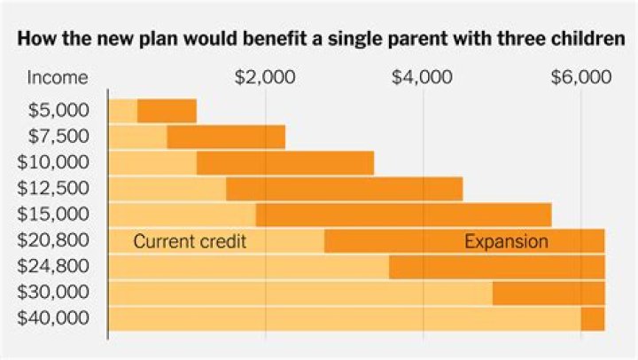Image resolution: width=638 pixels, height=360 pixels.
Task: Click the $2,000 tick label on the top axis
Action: tap(265, 77)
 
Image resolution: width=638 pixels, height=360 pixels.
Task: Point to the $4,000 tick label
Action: tap(423, 77)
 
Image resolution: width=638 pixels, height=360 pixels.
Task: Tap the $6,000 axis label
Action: tap(580, 77)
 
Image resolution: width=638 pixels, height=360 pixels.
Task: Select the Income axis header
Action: tap(58, 77)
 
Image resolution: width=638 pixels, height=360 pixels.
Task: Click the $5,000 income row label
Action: tap(58, 111)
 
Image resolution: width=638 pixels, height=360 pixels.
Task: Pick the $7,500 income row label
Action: tap(58, 137)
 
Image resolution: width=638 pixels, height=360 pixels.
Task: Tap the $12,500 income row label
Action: tap(54, 188)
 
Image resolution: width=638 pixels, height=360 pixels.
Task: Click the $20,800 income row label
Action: tap(54, 240)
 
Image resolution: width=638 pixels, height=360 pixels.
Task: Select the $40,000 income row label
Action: tap(54, 318)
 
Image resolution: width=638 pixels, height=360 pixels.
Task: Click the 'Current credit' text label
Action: tap(189, 241)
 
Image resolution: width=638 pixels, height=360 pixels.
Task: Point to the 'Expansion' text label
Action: tap(506, 241)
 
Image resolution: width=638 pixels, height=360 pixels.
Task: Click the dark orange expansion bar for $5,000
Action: tap(167, 111)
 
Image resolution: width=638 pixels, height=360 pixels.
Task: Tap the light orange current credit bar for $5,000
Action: tap(122, 111)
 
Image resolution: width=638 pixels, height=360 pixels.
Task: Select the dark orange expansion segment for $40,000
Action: tap(593, 318)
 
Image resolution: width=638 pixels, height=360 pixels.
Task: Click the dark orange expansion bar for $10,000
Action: tap(284, 163)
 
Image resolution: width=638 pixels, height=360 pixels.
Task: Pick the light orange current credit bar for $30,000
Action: tap(300, 293)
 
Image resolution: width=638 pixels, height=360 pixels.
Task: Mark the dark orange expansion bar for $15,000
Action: tap(403, 215)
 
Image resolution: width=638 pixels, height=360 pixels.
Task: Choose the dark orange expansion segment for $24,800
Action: tap(496, 267)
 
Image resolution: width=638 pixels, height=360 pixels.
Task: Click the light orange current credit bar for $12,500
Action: tap(167, 189)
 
